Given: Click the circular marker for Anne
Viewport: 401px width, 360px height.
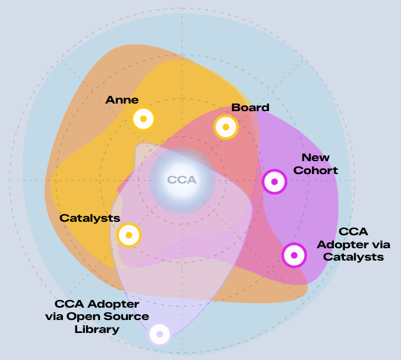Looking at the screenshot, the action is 144,119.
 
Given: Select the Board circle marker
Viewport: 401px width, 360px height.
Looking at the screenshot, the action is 226,127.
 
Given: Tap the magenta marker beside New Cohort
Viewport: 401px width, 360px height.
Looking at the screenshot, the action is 274,182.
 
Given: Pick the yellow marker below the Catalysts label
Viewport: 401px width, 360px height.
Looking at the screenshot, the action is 129,235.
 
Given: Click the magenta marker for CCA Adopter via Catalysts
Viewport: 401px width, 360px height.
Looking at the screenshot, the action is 294,255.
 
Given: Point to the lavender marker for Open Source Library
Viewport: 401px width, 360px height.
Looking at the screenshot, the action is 160,334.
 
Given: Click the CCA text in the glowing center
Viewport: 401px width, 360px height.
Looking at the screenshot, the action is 182,180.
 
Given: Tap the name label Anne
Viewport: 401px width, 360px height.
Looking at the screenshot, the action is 122,99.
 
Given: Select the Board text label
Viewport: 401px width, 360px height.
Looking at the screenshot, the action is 250,108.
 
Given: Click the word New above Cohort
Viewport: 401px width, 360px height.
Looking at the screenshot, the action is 316,158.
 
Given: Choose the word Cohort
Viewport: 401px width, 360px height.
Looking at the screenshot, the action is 316,171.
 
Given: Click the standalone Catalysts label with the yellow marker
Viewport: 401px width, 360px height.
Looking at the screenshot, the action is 90,218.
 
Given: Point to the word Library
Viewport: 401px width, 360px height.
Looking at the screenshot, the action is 97,329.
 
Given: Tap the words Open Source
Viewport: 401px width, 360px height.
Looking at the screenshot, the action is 108,316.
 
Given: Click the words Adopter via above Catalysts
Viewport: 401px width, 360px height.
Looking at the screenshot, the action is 353,245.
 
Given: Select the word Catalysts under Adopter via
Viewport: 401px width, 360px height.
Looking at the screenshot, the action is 353,257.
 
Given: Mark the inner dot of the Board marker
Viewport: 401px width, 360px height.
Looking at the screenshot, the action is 226,127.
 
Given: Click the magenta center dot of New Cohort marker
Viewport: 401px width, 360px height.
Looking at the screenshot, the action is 274,182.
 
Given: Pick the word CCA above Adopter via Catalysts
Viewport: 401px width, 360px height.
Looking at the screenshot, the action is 353,232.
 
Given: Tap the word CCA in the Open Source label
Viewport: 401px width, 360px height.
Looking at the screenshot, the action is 69,304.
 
